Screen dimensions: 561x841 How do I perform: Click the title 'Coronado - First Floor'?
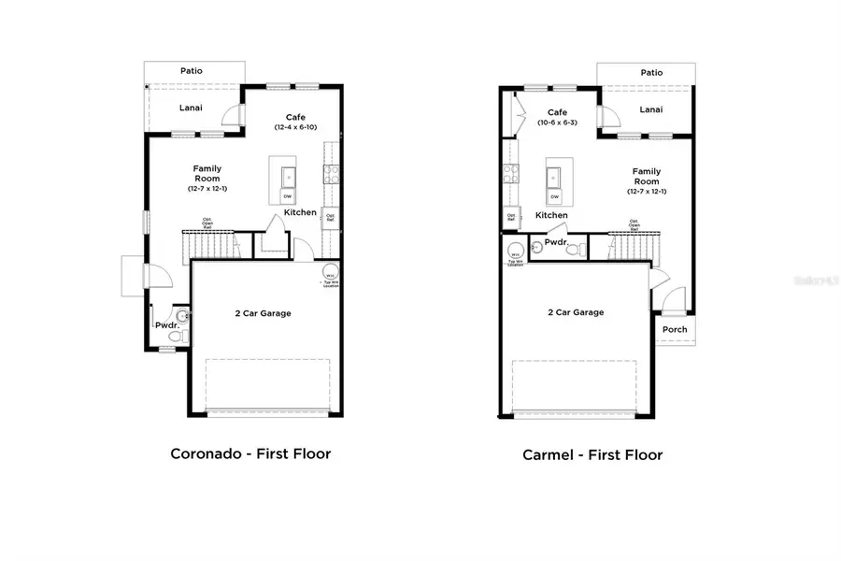[249, 453]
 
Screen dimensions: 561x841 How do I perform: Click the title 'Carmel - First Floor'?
[592, 455]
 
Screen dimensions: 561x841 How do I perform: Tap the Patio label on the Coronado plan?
[192, 71]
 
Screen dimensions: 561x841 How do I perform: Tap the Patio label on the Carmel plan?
[651, 72]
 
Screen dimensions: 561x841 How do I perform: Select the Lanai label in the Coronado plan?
[191, 108]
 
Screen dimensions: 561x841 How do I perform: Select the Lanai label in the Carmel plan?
[651, 109]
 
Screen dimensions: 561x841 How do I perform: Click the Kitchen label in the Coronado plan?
[300, 212]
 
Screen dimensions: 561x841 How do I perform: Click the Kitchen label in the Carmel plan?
[551, 215]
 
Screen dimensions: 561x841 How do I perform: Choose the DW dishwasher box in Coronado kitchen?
[288, 196]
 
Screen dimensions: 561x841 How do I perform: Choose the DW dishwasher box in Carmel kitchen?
[554, 196]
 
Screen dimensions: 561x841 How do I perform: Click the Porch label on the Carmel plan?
[675, 329]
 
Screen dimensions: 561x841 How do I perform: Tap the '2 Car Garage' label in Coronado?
[263, 313]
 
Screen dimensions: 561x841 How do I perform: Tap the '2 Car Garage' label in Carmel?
[575, 312]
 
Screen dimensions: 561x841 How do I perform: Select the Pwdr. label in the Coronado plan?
[166, 325]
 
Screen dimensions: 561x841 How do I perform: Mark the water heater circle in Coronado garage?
[330, 274]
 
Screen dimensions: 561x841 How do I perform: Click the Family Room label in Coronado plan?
[207, 173]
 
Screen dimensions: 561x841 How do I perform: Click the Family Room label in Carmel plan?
[647, 176]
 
